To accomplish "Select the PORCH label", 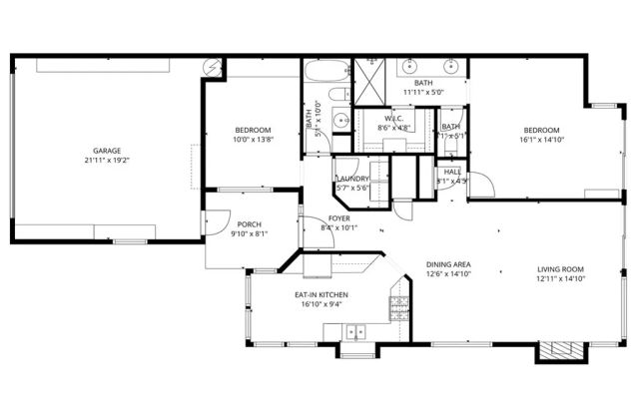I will [249, 225].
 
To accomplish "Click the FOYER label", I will [339, 217].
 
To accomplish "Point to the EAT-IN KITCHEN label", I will [320, 296].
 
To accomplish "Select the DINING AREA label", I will [448, 264].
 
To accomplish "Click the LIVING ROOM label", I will [560, 269].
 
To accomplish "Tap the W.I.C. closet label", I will [389, 119].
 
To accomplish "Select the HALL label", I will [452, 172].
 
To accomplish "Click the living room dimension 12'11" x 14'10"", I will [560, 279].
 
